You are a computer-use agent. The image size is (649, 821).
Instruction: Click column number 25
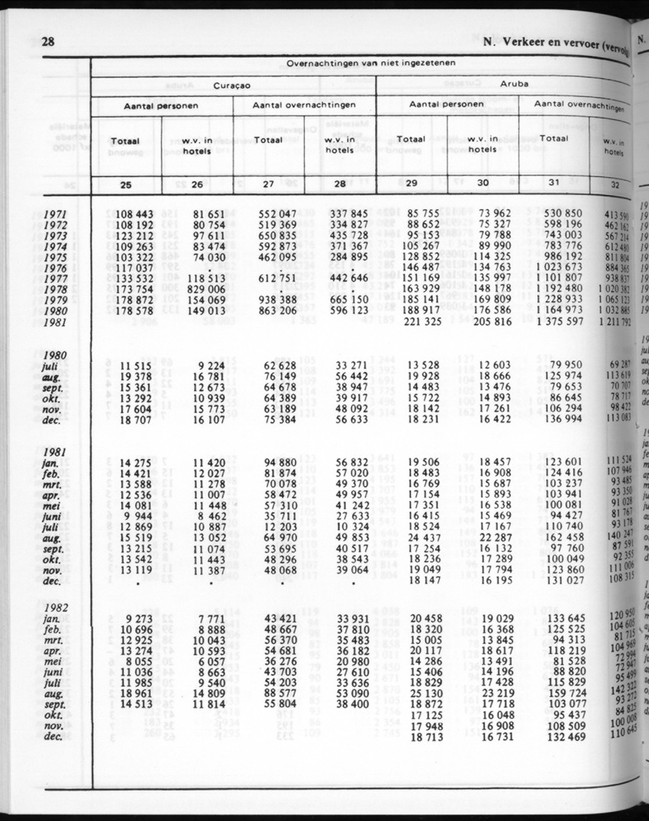(124, 183)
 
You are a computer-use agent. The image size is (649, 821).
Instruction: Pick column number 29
(412, 183)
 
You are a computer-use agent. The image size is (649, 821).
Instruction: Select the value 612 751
(267, 280)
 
